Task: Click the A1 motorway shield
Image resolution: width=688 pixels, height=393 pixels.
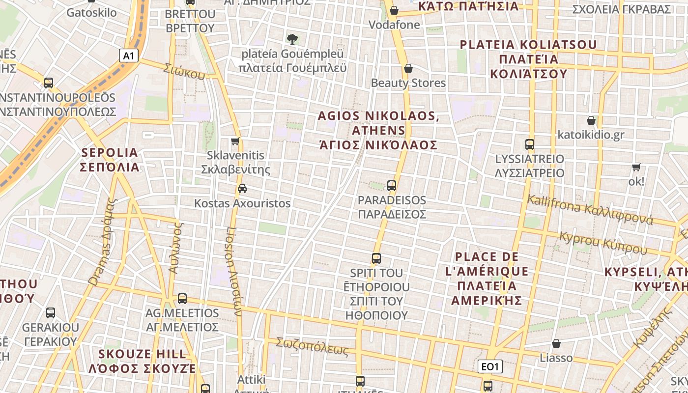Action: [128, 56]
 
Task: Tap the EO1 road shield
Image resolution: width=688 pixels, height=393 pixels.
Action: [490, 366]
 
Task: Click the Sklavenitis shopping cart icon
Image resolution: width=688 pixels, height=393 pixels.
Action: [235, 141]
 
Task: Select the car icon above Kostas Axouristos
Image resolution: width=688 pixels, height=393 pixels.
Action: [242, 189]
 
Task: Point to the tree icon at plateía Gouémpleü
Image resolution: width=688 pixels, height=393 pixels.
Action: [292, 39]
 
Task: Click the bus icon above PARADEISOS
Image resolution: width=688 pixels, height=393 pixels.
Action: [392, 186]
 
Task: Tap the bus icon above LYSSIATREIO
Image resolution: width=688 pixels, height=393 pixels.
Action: [530, 144]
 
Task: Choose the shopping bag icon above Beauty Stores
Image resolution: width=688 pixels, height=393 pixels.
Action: [408, 68]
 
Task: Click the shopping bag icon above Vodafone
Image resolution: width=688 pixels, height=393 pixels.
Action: [394, 10]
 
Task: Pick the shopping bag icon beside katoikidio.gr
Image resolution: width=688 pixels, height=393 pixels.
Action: [591, 120]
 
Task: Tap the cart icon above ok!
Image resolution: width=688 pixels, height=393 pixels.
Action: [636, 167]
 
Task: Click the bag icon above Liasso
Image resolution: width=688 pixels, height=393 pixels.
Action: [556, 343]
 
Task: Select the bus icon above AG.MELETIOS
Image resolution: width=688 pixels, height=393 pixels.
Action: [182, 298]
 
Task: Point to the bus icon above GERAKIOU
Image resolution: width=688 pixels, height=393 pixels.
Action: [51, 313]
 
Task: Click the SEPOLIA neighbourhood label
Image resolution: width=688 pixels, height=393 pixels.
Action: [110, 160]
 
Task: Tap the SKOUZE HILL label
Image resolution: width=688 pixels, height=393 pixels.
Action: [143, 361]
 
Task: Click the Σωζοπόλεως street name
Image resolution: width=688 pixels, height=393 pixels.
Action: [312, 346]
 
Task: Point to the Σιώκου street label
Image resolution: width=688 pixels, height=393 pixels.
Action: [185, 72]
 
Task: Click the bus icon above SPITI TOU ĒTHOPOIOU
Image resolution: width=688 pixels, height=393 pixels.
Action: [376, 258]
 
